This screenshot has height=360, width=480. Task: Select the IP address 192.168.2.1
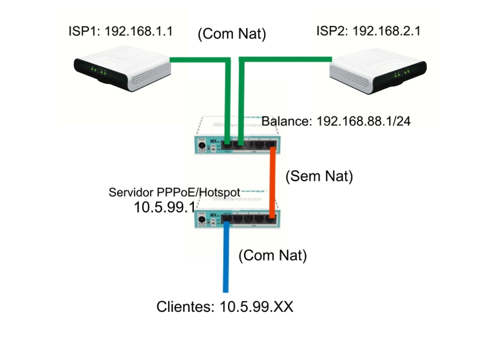coord(386,31)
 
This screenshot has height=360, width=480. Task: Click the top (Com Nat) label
coord(232,34)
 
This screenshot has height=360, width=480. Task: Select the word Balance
coord(284,122)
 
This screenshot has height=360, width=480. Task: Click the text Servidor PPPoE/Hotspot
coord(175,193)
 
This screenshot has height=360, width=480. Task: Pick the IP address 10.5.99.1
coord(164,208)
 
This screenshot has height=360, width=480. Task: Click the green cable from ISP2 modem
coord(288,59)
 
